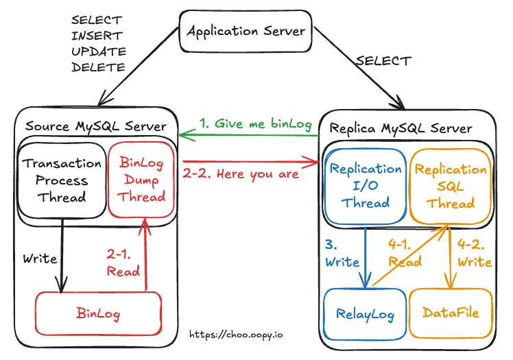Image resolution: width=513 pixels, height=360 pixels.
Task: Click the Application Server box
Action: pos(246,31)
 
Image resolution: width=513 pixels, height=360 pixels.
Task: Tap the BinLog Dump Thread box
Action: pos(143,179)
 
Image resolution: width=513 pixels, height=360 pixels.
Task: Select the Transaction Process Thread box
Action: pos(62,180)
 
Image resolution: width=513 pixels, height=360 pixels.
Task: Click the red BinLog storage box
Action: pos(99,315)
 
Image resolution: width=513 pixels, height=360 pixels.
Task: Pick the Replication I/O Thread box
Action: pos(365,185)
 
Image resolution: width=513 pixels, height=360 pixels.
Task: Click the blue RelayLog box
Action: pos(365,313)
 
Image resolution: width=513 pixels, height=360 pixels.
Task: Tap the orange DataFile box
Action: pos(451,313)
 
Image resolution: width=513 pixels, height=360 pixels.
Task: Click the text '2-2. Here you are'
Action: pos(240,173)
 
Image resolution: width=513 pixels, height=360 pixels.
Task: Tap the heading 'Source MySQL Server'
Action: pos(95,126)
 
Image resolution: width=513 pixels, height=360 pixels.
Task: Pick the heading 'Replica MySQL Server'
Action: pos(401,128)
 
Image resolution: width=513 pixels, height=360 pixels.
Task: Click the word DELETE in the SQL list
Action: pos(98,67)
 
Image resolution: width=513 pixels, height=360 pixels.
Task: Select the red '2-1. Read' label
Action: pos(123,262)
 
